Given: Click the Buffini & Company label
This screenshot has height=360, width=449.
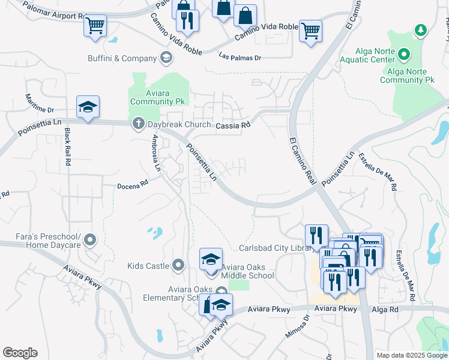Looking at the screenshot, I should coord(122,58).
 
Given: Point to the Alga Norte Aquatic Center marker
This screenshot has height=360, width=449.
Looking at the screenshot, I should coord(405,55).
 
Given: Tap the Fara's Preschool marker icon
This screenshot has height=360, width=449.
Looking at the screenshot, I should coord(91,241).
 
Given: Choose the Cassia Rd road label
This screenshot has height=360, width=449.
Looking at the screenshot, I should coord(233,125).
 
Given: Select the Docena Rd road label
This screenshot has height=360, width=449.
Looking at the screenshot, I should coord(133,185).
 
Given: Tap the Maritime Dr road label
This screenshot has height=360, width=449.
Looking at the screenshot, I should coord(40,103).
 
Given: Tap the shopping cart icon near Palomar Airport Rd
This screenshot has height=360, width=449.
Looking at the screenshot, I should coord(95,26).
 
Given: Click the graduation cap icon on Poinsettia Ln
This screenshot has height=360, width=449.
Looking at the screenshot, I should coord(88,107).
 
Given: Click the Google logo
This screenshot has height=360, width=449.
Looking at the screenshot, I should coord(20,353).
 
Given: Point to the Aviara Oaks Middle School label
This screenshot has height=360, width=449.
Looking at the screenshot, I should coord(247,271).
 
